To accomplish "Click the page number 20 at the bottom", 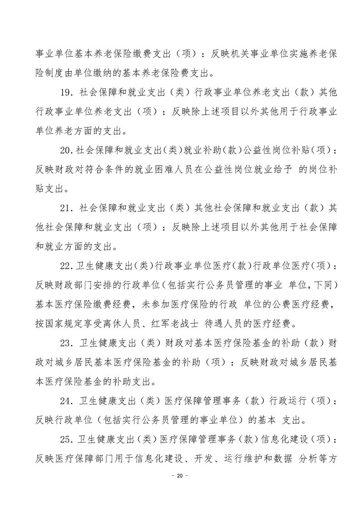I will coord(180,476).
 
